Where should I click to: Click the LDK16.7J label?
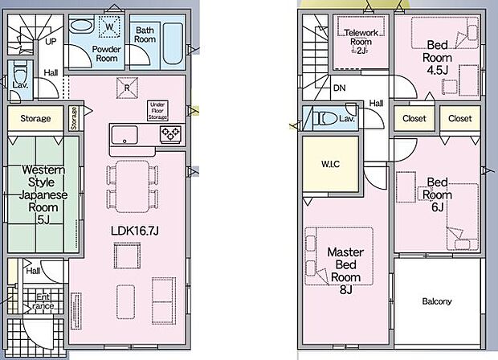tap(134, 231)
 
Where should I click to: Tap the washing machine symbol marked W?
tap(109, 27)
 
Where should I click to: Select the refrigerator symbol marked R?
tap(127, 88)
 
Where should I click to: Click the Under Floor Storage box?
tap(157, 111)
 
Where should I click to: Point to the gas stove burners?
tap(170, 133)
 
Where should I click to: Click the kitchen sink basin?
tap(124, 135)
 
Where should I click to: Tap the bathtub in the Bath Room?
tap(173, 43)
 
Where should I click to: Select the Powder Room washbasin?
tap(81, 26)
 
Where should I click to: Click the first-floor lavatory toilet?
tap(20, 71)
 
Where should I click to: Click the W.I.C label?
tap(331, 164)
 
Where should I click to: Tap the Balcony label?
tap(437, 301)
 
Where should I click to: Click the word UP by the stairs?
tap(51, 41)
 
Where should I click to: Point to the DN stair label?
tap(340, 88)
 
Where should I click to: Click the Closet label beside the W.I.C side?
tap(414, 118)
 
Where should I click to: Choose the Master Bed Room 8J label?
tap(345, 270)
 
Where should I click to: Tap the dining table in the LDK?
tap(132, 186)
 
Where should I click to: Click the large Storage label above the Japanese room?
tap(35, 118)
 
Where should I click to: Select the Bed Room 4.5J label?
tap(437, 58)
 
